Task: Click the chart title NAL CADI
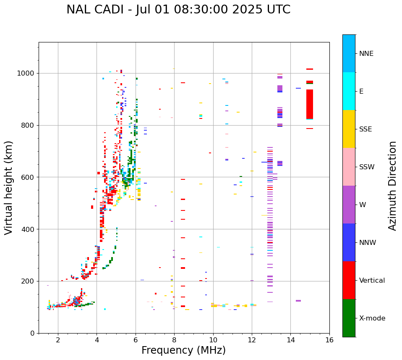point(178,10)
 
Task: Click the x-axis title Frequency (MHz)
point(183,350)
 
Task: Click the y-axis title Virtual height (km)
point(9,187)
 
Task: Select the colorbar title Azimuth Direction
point(392,186)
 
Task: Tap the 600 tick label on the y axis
point(29,177)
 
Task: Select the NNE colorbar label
point(366,54)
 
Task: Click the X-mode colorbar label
point(372,318)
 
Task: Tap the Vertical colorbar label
point(372,281)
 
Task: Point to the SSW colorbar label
point(367,167)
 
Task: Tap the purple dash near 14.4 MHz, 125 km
point(298,301)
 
